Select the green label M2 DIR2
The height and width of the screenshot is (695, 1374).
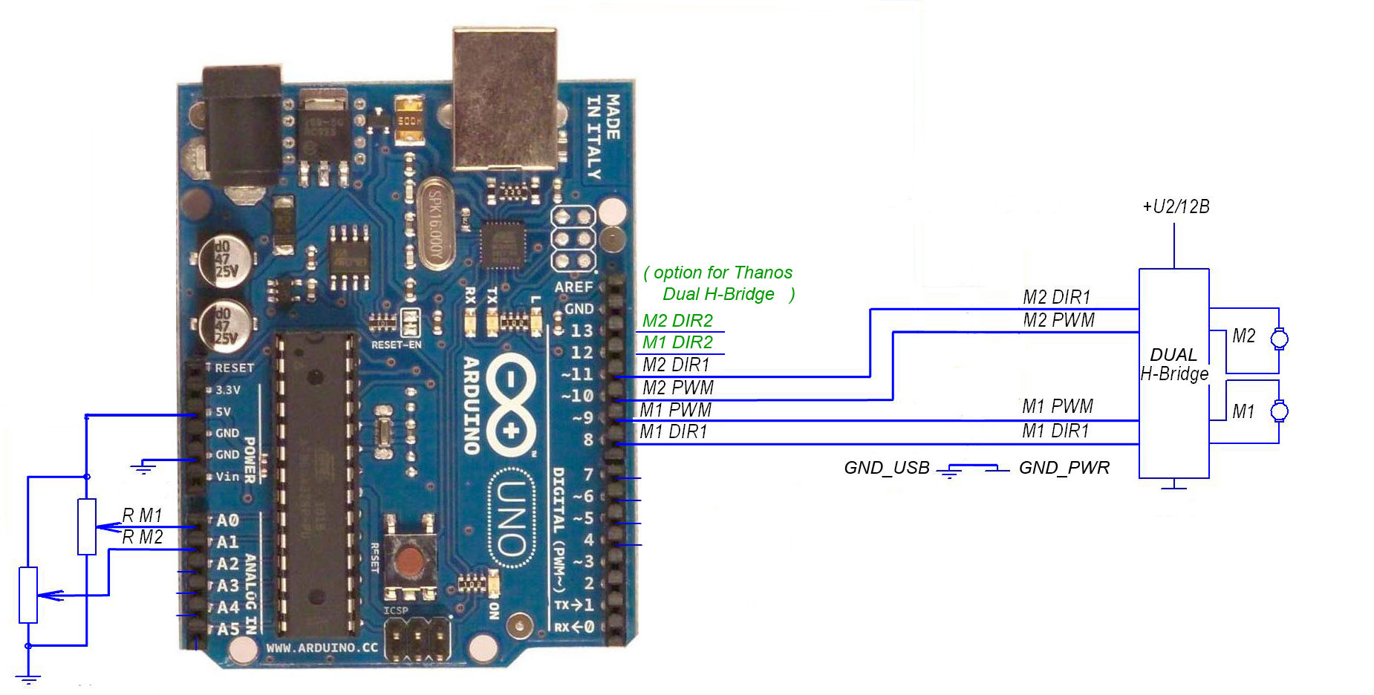coord(677,321)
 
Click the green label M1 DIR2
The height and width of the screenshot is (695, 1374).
coord(677,342)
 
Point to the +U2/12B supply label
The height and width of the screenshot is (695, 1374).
coord(1176,207)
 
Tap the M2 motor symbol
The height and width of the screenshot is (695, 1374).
coord(1279,339)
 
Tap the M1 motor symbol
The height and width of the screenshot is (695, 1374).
coord(1279,411)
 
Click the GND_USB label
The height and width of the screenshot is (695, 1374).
coord(886,468)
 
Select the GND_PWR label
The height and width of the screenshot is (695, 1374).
coord(1064,468)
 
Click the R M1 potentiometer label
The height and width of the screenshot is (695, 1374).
coord(142,515)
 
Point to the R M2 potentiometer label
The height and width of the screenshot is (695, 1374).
coord(142,537)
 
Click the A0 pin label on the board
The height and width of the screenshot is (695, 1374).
coord(227,521)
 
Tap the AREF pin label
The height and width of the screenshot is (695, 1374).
coord(573,287)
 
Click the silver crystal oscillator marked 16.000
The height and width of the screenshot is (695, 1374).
coord(434,223)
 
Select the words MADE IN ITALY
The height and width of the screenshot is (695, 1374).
coord(602,137)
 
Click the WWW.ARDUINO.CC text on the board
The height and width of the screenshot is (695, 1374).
coord(322,647)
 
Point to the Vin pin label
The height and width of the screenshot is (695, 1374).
coord(227,476)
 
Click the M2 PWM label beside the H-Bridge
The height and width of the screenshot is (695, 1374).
coord(1058,320)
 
